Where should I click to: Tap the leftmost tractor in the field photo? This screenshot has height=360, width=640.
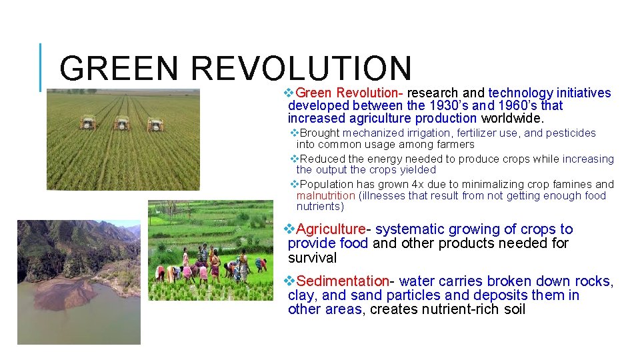pyautogui.click(x=88, y=123)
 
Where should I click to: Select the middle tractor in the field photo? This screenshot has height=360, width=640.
pyautogui.click(x=121, y=123)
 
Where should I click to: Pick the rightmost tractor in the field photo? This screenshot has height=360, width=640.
pyautogui.click(x=155, y=124)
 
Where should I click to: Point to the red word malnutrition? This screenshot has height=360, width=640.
pyautogui.click(x=326, y=195)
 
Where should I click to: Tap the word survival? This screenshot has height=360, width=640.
pyautogui.click(x=312, y=258)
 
